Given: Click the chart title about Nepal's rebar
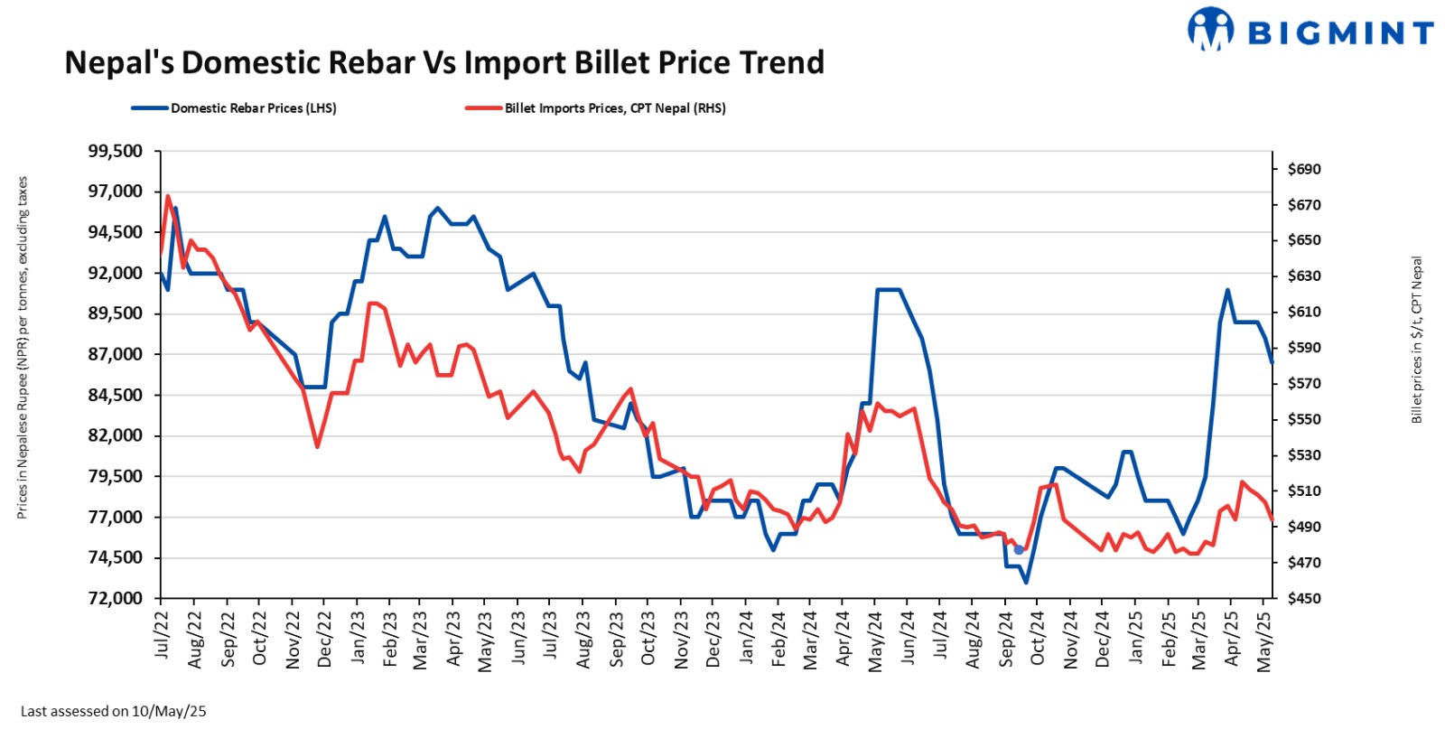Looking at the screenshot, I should [x=444, y=62].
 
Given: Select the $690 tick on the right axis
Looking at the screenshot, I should [x=1303, y=169].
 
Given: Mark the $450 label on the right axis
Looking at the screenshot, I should [x=1303, y=598].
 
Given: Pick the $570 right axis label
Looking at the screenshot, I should [x=1303, y=384].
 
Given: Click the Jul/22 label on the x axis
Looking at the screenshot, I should [x=163, y=634].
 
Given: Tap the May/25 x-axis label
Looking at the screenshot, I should [x=1264, y=640].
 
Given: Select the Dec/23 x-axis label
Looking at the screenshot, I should [x=713, y=640].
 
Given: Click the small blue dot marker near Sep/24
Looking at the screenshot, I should [x=1019, y=549].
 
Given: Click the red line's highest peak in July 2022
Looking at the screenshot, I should [x=168, y=196].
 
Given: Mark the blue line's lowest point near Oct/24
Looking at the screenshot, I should [x=1026, y=582].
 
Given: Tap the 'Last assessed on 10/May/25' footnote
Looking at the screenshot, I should [x=113, y=711].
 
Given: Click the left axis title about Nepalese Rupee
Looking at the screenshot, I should [x=23, y=348].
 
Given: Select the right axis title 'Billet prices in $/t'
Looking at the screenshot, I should [x=1416, y=340].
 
